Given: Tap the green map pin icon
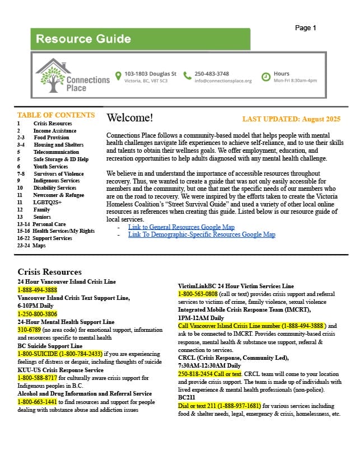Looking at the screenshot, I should point(118,76).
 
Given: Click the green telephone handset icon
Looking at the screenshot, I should point(188,76).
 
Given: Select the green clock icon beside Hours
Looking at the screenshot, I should point(266,77).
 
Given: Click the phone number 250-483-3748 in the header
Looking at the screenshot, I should point(212,74).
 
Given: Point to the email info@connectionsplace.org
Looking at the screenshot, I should point(223,81).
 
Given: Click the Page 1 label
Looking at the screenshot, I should point(306,28).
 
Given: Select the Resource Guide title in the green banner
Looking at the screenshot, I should point(83,39).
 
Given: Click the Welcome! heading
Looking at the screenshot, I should point(129,118).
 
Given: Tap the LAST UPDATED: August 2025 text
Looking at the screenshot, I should point(291,119).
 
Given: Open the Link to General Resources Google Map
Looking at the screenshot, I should point(181,227).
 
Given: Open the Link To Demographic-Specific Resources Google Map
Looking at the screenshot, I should point(202,235).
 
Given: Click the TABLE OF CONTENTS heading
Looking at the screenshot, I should point(56,115).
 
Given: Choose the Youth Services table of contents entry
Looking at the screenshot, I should point(50,167).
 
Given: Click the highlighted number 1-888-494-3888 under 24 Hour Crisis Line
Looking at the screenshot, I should point(38,290).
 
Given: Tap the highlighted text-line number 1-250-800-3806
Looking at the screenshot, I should point(38,314).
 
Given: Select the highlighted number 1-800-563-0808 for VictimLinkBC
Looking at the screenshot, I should point(198,294).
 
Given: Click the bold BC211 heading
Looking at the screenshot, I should point(187,398).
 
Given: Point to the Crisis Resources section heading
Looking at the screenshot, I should point(49,272).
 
